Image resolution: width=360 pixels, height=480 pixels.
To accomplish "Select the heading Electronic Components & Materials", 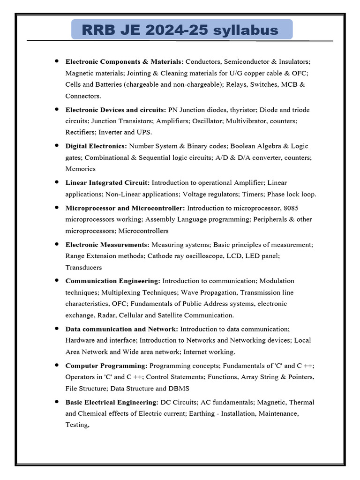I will [x=124, y=61].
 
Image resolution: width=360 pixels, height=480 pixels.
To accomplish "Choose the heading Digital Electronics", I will [x=96, y=146].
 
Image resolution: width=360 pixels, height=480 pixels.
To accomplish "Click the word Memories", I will [x=81, y=169].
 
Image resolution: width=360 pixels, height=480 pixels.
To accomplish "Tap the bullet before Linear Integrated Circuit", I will [x=57, y=182].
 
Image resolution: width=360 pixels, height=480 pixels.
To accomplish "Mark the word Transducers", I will [x=83, y=267].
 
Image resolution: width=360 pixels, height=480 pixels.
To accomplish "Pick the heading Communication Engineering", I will [x=112, y=281].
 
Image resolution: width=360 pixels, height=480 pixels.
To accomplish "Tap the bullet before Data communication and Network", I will [x=57, y=328].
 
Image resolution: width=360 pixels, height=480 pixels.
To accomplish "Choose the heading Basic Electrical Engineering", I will [x=112, y=402].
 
